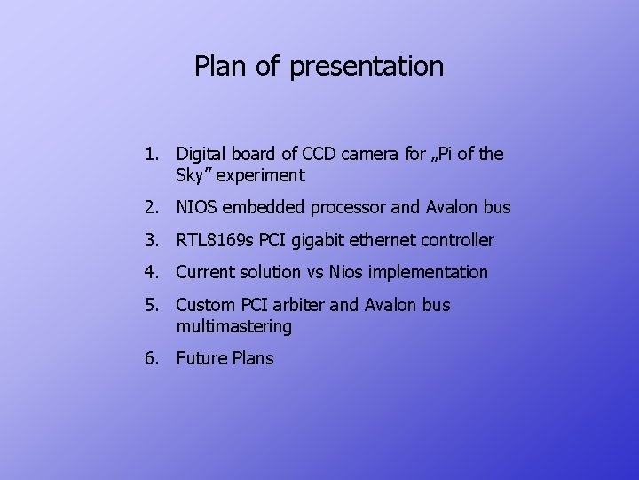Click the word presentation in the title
click(367, 67)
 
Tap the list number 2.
click(152, 208)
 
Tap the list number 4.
click(152, 272)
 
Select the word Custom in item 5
click(205, 305)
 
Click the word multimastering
click(233, 326)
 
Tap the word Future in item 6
click(201, 358)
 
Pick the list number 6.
click(152, 358)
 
